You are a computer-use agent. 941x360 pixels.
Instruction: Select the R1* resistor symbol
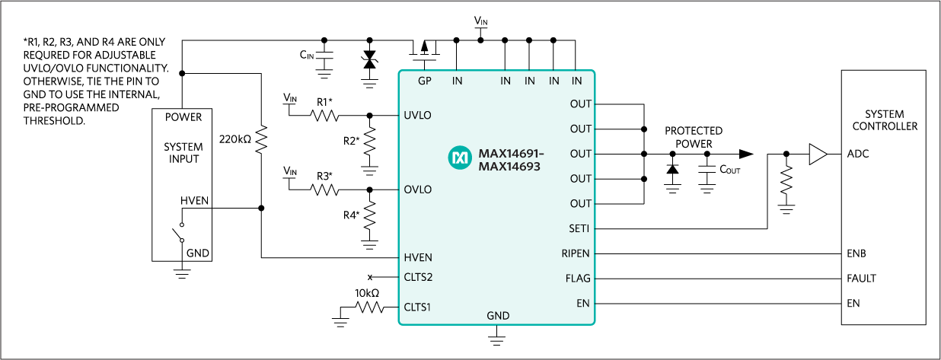(x=325, y=116)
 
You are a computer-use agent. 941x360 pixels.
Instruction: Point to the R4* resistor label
(x=351, y=215)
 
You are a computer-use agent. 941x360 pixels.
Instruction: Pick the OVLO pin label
(x=418, y=190)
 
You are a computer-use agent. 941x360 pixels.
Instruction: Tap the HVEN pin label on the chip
(x=418, y=257)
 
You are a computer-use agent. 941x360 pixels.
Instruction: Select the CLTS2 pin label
(x=418, y=277)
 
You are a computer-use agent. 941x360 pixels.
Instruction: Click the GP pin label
(x=424, y=81)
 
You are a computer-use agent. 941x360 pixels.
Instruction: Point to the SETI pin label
(x=579, y=228)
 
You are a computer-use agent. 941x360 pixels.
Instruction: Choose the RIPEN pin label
(x=576, y=253)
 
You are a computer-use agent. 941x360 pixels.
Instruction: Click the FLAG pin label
(x=578, y=278)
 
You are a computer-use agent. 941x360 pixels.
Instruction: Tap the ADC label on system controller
(x=857, y=154)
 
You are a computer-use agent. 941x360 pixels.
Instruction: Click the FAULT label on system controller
(x=861, y=278)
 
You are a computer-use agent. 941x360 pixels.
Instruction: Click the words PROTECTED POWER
(x=693, y=137)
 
